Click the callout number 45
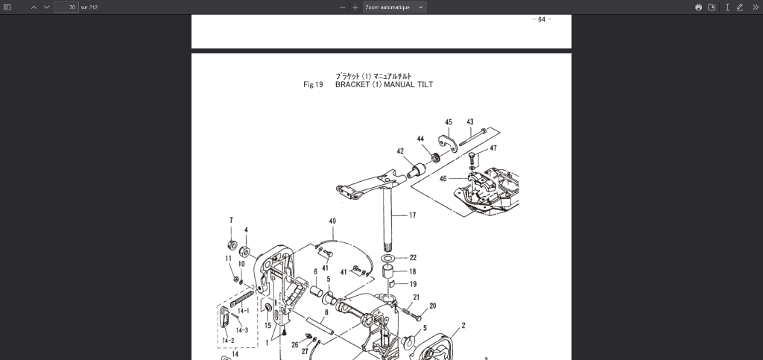449,122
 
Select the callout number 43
470,122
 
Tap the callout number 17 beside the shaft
412,215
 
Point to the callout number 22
413,258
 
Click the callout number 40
332,221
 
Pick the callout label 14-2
228,340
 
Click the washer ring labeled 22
391,258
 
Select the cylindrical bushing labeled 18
389,271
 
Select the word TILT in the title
425,85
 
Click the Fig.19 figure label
313,85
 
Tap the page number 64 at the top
542,19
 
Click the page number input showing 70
66,7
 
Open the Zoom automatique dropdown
394,7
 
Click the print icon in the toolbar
698,7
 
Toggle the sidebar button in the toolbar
8,7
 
